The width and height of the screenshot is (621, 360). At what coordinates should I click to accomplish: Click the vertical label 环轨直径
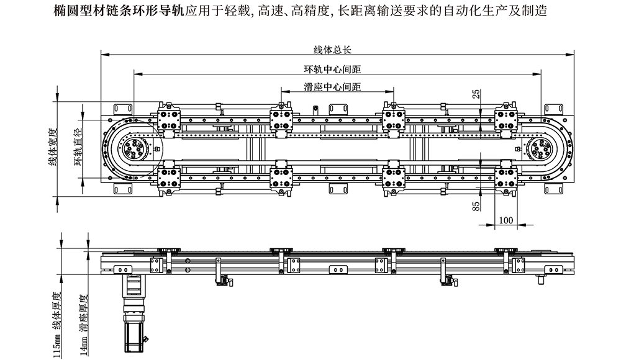click(78, 147)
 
